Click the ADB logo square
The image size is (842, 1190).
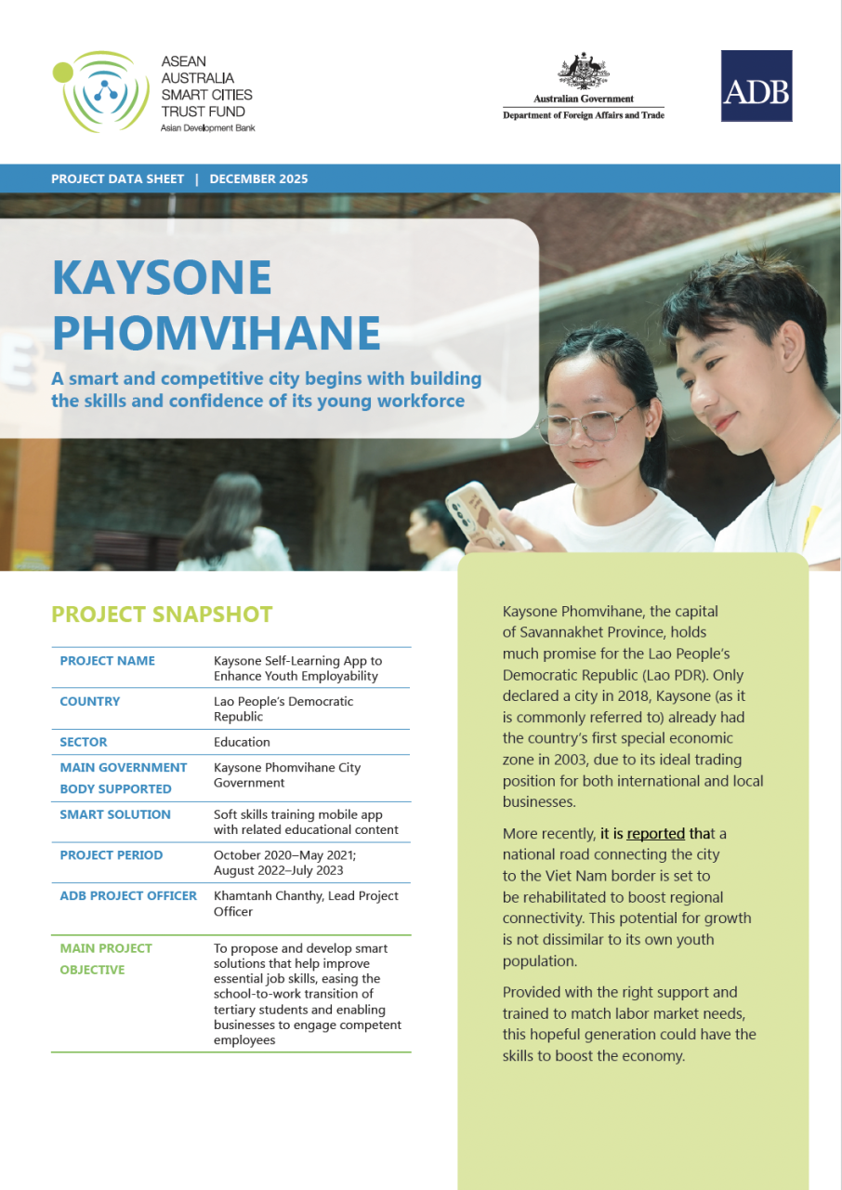click(756, 86)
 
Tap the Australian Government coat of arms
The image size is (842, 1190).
click(584, 72)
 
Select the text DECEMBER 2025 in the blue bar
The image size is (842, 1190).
click(258, 178)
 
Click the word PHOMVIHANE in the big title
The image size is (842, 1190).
click(217, 332)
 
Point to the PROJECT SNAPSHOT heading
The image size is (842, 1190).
click(162, 615)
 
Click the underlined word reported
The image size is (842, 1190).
click(656, 833)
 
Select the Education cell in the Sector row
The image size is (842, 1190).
click(242, 742)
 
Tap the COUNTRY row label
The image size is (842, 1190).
click(89, 701)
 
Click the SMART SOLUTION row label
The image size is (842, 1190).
click(115, 814)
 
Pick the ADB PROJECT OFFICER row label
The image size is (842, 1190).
click(128, 896)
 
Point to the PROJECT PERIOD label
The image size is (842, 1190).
click(112, 855)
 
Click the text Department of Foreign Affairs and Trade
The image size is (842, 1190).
click(584, 115)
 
